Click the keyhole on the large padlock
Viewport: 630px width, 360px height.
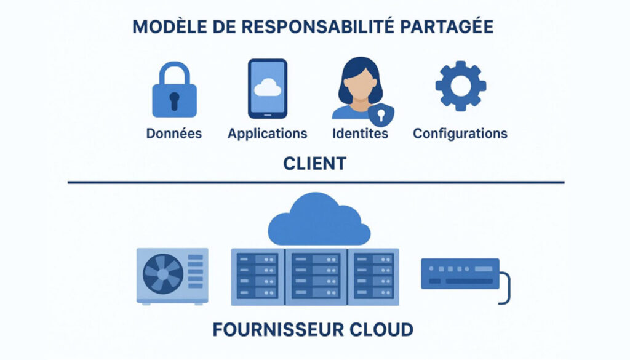point(174,100)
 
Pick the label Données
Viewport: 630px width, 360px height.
point(174,134)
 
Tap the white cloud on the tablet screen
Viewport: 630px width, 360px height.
point(267,88)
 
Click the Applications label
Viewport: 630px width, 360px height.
point(267,134)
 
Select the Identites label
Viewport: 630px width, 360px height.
point(360,134)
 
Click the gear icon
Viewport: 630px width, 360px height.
point(460,86)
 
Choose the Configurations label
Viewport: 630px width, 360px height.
point(460,134)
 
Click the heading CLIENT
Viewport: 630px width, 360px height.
point(314,164)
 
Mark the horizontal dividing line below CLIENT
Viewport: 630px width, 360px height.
point(315,182)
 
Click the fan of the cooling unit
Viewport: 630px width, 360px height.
point(162,274)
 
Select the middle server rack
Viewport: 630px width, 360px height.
point(315,276)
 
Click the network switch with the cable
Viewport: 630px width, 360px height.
point(460,273)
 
